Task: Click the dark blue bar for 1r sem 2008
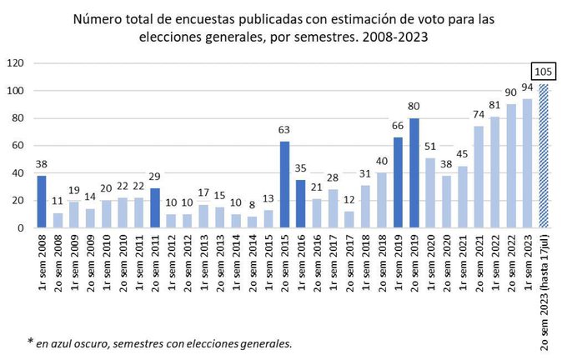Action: coord(42,201)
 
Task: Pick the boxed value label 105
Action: coord(543,72)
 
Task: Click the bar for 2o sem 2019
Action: coord(414,172)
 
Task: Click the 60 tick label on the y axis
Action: coord(18,145)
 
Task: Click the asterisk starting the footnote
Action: coord(31,342)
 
